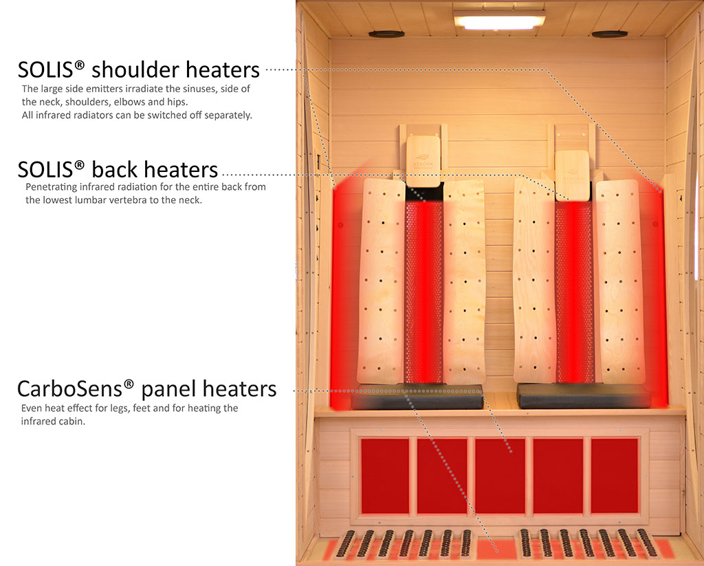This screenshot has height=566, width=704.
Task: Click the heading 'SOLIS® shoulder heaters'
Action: coord(139,69)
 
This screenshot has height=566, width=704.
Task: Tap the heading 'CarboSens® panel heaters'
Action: coord(146,389)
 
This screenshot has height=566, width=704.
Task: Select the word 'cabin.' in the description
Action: coord(69,421)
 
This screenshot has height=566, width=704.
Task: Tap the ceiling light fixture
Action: coord(499,21)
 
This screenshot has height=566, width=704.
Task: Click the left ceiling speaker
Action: coord(386,34)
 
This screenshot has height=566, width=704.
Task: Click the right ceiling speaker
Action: coord(609,34)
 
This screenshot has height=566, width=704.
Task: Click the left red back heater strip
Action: coord(423,289)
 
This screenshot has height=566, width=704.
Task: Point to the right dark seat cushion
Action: coord(583,396)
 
